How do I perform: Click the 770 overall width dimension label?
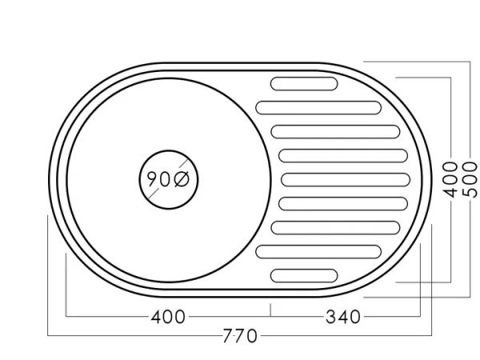(x=240, y=336)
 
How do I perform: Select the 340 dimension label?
(x=343, y=317)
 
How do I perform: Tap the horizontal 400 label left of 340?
(x=168, y=317)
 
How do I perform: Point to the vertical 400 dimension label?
(x=450, y=180)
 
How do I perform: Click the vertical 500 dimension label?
(x=470, y=180)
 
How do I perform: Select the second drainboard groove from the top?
(x=318, y=106)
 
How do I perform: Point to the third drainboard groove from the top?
(x=334, y=130)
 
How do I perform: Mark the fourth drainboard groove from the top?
(x=345, y=155)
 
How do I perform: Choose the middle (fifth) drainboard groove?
(x=345, y=179)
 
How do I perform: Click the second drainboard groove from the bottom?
(x=318, y=251)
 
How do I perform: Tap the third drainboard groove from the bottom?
(x=334, y=227)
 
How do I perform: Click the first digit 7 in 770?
(x=229, y=336)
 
